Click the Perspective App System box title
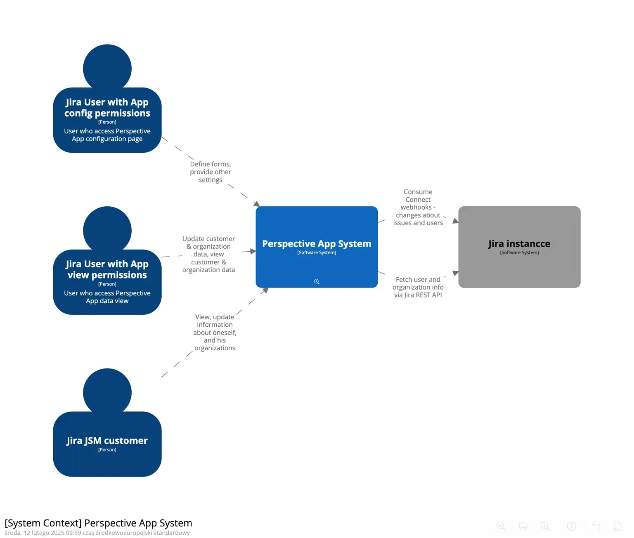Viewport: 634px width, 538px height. coord(317,244)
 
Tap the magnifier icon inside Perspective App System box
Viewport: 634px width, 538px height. coord(317,282)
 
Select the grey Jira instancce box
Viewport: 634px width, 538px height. coord(519,264)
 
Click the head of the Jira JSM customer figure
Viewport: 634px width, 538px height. coord(107,392)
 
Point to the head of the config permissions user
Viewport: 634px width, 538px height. coord(107,68)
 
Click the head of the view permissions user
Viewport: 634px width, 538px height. coord(107,230)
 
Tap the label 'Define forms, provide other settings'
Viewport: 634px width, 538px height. coord(211,172)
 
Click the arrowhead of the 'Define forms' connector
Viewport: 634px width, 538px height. coord(257,204)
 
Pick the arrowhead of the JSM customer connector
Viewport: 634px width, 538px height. coord(265,290)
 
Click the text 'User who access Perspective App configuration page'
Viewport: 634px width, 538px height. coord(107,135)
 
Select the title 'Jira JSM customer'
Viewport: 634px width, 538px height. coord(107,441)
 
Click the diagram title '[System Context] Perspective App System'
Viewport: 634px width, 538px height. coord(98,523)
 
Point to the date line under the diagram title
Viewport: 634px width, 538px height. coord(97,533)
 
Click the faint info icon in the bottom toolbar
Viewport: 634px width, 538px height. coord(572,526)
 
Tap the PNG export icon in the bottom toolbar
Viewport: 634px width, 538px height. coord(617,526)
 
